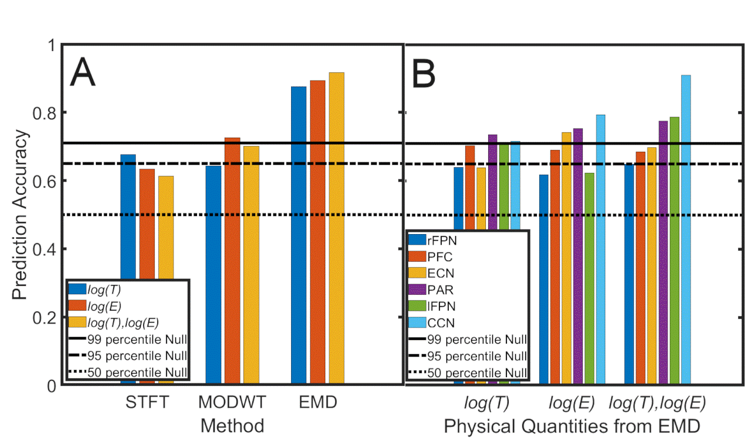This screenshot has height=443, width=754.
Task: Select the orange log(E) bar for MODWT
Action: click(x=232, y=259)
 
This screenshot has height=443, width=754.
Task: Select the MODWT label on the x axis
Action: click(x=232, y=404)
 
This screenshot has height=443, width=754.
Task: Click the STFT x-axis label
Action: click(x=147, y=404)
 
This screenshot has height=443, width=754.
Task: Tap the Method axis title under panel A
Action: click(x=232, y=425)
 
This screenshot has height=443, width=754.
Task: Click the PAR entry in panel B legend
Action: click(x=443, y=290)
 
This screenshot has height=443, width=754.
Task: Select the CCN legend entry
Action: click(x=443, y=322)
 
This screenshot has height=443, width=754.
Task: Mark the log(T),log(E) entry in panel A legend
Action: click(x=123, y=322)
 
